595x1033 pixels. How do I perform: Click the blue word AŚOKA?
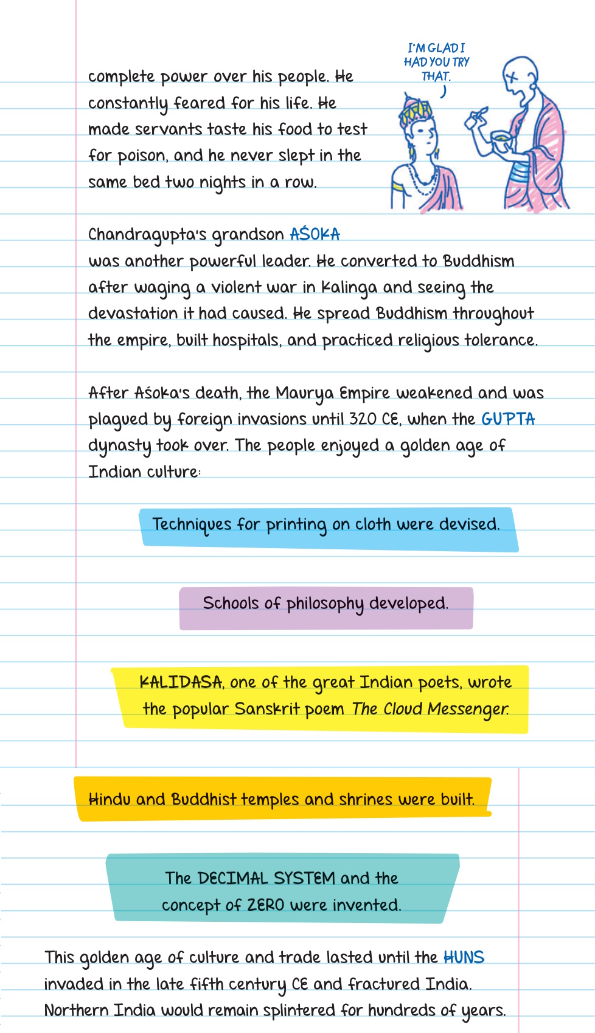[x=315, y=235]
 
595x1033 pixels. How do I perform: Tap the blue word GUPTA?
[x=508, y=419]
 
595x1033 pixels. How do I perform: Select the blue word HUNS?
[x=464, y=958]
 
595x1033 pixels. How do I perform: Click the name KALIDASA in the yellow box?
[x=181, y=682]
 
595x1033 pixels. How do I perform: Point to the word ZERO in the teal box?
[x=266, y=905]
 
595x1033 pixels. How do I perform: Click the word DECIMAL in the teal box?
[x=233, y=879]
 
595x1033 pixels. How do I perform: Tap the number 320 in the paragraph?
[x=363, y=419]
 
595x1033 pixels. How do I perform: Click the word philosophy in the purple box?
[x=325, y=604]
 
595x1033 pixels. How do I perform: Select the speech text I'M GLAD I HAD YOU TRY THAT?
[x=436, y=62]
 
